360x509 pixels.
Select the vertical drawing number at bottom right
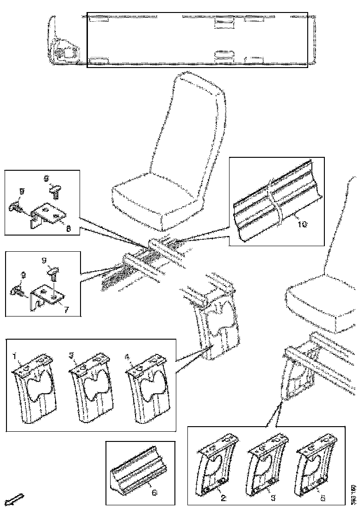coord(353,494)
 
